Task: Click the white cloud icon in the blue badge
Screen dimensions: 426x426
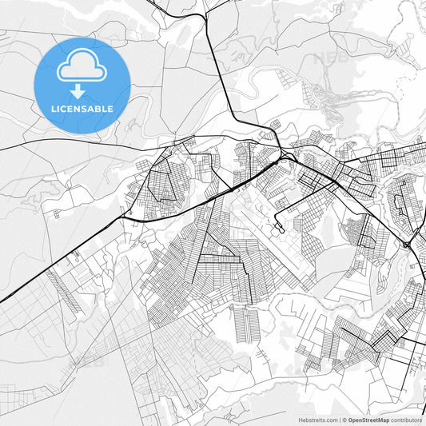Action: (x=82, y=67)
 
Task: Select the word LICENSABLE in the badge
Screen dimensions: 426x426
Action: (x=82, y=108)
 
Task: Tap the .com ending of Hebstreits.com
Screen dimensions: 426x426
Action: (x=328, y=420)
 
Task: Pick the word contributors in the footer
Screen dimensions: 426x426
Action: (x=407, y=420)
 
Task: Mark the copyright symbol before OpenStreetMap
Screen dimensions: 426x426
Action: (x=344, y=420)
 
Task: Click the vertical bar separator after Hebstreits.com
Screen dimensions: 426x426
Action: (x=339, y=420)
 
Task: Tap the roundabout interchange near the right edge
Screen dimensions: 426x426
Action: (x=408, y=244)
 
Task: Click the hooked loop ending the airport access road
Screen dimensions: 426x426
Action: (x=281, y=229)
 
